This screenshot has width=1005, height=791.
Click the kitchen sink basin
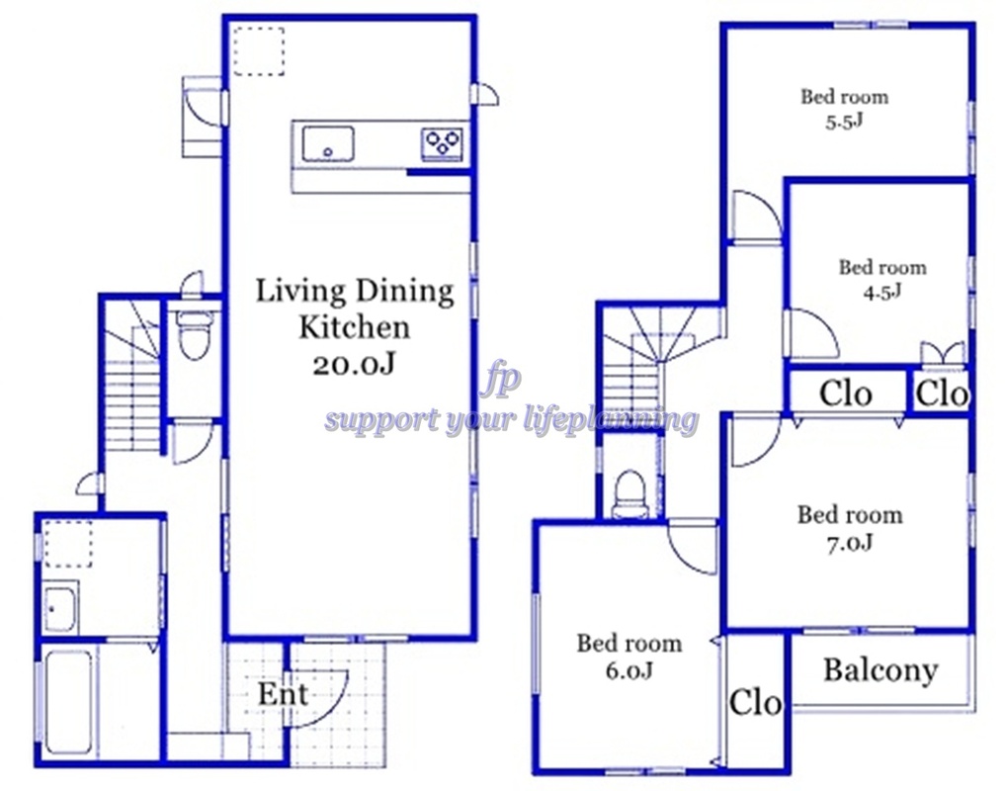click(x=327, y=143)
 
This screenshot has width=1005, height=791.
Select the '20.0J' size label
click(x=354, y=365)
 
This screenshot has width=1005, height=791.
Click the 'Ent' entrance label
click(x=283, y=694)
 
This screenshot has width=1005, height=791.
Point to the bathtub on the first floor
click(x=67, y=702)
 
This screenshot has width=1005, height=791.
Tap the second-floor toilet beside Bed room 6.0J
click(x=630, y=494)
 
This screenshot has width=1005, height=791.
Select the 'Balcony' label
click(x=880, y=671)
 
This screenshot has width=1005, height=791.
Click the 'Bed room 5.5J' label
click(x=844, y=109)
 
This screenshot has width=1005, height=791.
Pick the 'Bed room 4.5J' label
click(x=882, y=279)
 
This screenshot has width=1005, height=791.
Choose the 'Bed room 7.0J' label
click(x=850, y=529)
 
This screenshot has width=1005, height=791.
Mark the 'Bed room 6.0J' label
click(x=628, y=657)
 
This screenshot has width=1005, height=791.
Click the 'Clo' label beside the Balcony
click(x=755, y=702)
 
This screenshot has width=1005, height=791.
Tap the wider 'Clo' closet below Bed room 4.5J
click(x=845, y=394)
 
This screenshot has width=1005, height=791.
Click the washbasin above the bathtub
click(x=61, y=607)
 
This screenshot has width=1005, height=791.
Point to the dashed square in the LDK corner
click(x=258, y=51)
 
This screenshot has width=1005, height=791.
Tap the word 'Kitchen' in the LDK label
click(x=355, y=327)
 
